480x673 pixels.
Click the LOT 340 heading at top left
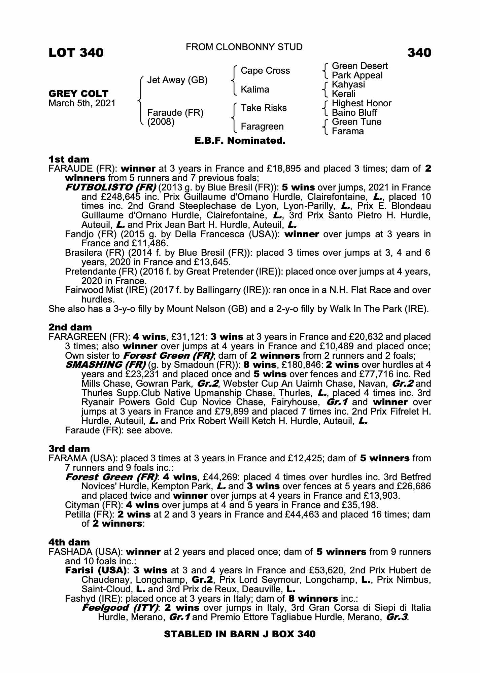tap(76, 53)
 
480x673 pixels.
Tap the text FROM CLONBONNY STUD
tap(244, 47)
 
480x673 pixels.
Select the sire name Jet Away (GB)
tap(177, 80)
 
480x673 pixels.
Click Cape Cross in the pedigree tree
tap(265, 71)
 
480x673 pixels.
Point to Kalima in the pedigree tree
tap(255, 90)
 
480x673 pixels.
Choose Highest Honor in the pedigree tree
tap(362, 103)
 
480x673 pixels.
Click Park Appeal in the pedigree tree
tap(357, 75)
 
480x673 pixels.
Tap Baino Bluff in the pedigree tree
tap(354, 113)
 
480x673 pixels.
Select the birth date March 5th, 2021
tap(82, 103)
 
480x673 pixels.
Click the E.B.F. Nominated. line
tap(240, 141)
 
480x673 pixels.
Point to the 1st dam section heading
tap(69, 159)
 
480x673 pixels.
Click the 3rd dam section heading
tap(69, 449)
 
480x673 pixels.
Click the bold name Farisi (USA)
tap(96, 570)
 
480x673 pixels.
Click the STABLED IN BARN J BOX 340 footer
tap(240, 634)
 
